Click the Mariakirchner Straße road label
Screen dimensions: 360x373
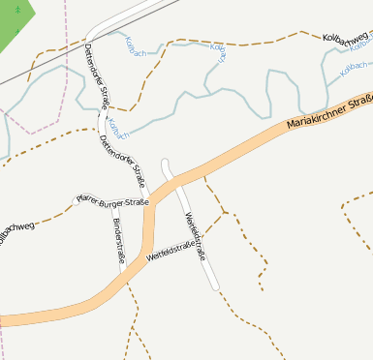329,111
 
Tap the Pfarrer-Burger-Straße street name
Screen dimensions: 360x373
112,201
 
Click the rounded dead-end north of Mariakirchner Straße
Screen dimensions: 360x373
166,163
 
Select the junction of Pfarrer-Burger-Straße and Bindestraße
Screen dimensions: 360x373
111,203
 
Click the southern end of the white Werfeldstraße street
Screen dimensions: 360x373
217,286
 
